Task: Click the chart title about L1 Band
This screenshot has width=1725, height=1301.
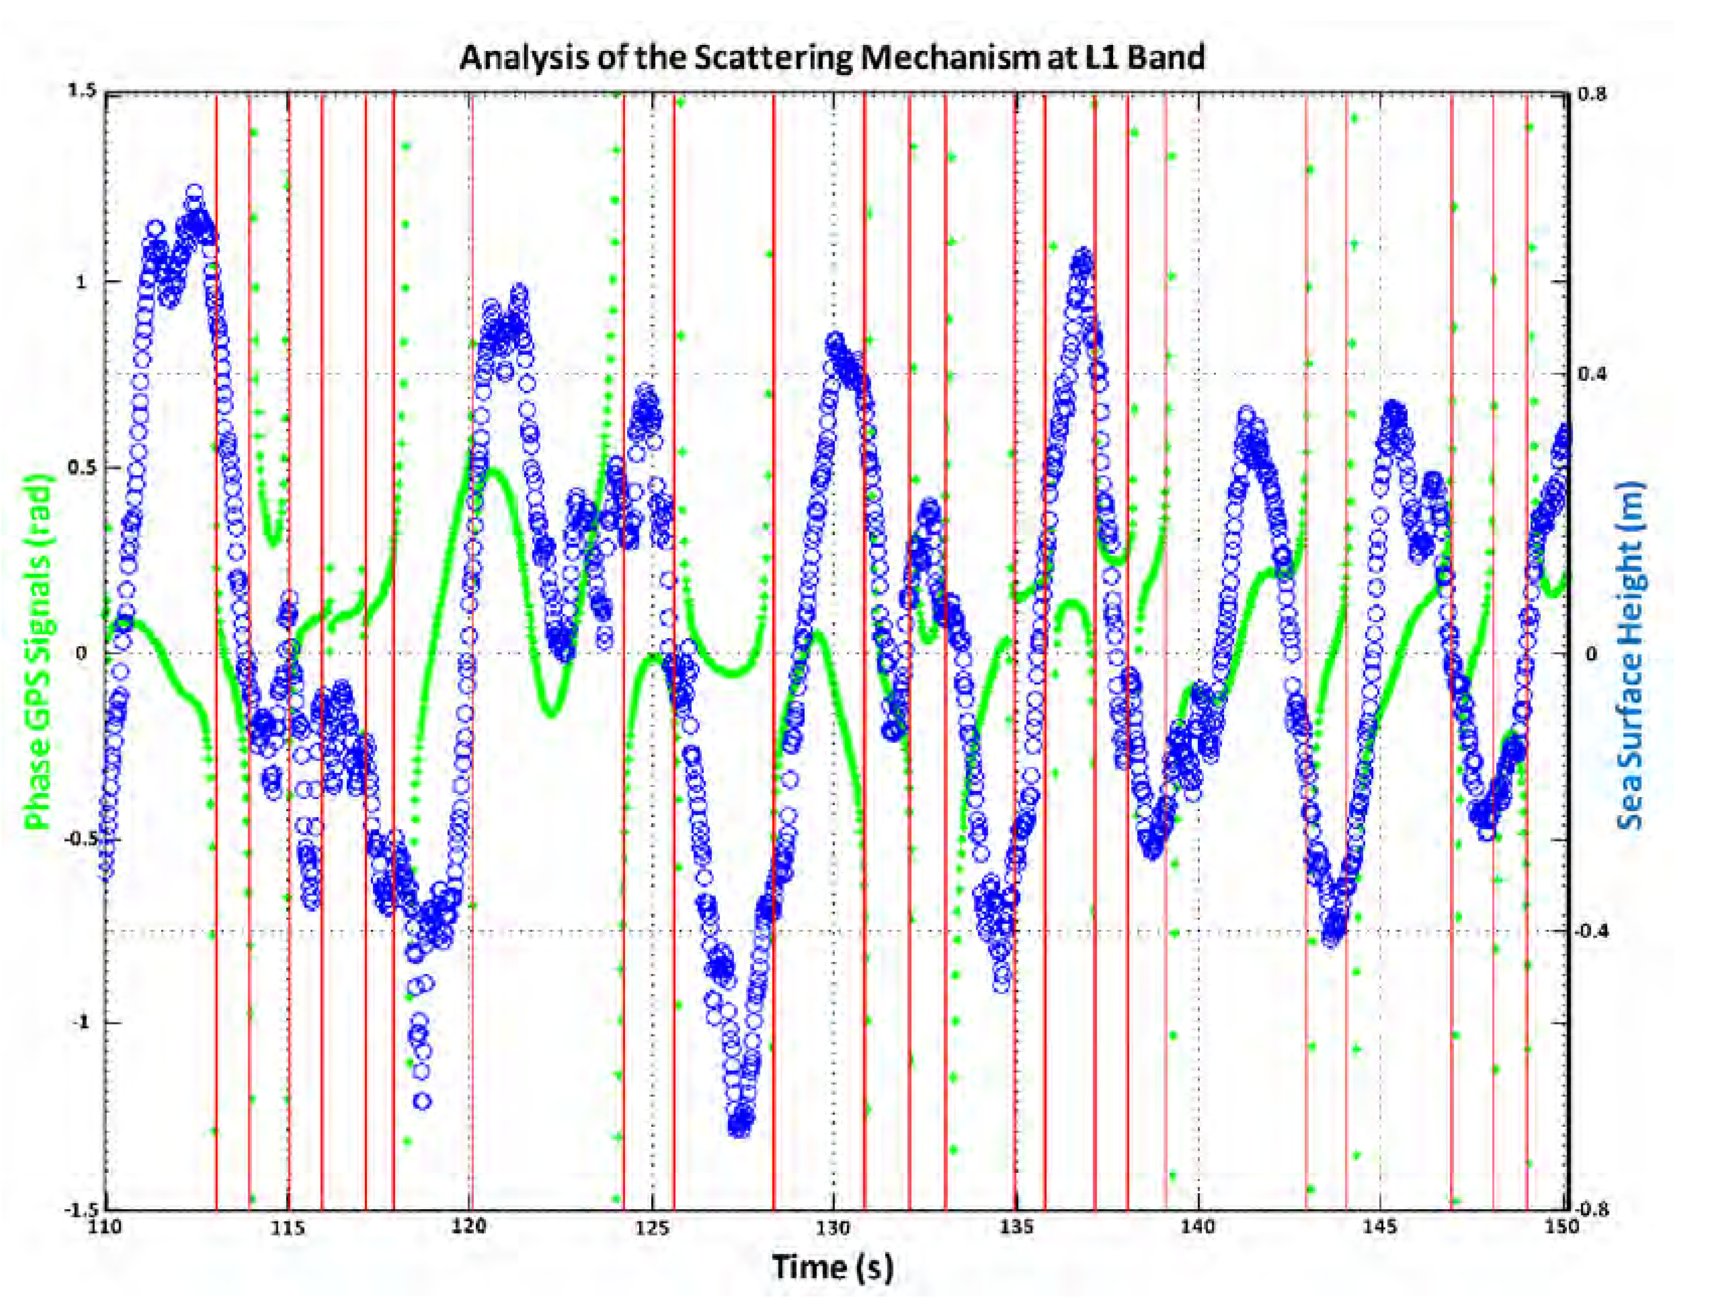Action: (832, 58)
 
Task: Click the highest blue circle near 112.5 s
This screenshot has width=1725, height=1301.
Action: (194, 192)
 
